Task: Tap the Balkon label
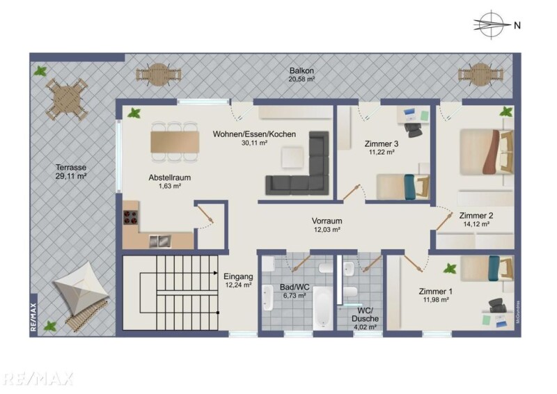pos(301,71)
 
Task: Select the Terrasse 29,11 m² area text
pos(71,171)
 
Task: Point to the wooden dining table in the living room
pos(175,142)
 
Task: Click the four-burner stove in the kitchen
pos(130,217)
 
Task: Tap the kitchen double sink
pos(160,242)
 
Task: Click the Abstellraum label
pos(169,178)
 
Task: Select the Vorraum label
pos(327,221)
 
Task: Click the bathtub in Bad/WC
pos(322,307)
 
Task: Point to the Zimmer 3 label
pos(381,144)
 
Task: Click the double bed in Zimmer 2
pos(487,152)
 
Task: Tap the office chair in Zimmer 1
pos(497,305)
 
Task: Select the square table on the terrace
pos(66,99)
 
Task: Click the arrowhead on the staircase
pos(216,273)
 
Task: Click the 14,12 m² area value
pos(476,224)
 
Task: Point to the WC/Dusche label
pos(365,314)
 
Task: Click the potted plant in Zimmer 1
pos(450,269)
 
